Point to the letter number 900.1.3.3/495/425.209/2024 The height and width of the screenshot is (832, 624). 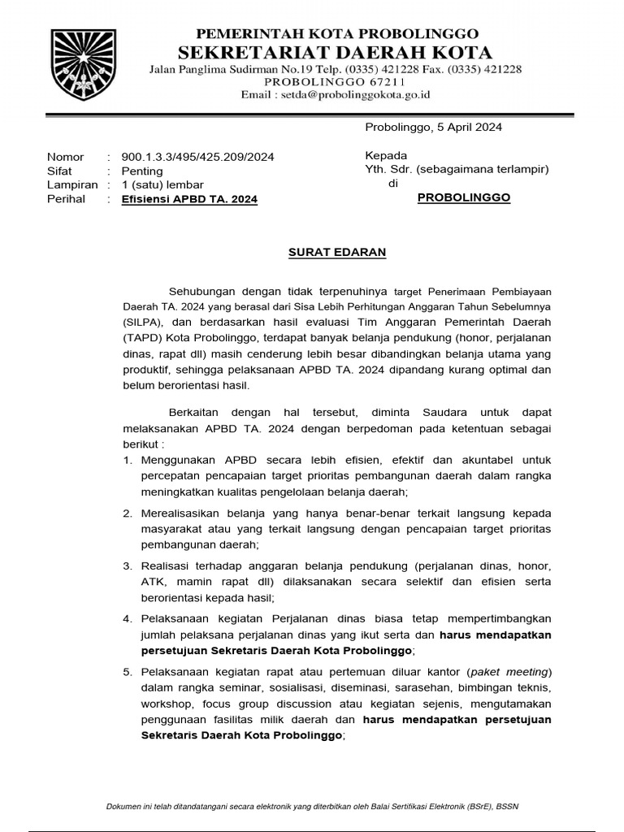tap(197, 157)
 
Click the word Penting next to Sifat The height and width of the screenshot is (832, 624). tap(141, 171)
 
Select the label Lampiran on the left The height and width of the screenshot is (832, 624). tap(72, 185)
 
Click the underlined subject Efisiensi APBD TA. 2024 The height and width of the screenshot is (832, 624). tap(189, 199)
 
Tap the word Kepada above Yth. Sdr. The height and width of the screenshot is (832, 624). tap(386, 155)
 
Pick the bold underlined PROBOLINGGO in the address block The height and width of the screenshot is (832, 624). tap(464, 197)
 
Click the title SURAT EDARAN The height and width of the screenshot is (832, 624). tap(337, 253)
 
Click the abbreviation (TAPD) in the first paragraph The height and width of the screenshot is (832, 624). tap(145, 336)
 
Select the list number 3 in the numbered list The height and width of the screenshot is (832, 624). tap(127, 565)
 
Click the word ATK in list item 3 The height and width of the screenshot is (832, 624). tap(152, 581)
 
